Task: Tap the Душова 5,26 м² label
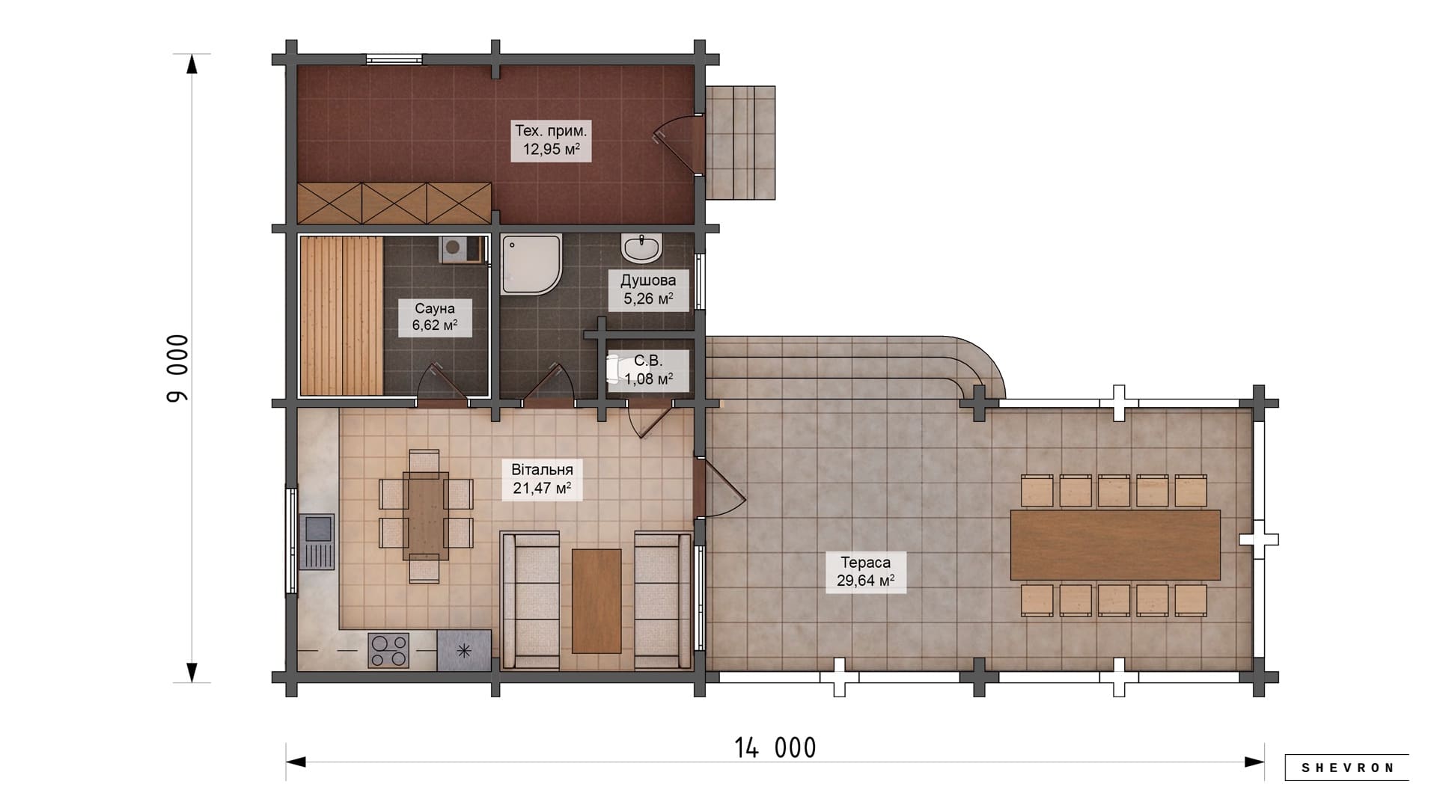pos(648,290)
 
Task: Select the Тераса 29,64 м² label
pos(866,572)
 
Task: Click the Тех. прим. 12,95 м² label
pos(551,140)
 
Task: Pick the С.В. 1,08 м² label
pos(648,370)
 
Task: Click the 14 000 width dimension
pos(775,748)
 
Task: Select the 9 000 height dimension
pos(178,368)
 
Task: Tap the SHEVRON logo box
pos(1347,768)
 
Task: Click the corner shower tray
pos(531,265)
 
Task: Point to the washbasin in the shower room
pos(641,248)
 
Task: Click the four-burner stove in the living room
pos(388,650)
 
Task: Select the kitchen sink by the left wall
pos(317,542)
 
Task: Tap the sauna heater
pos(461,249)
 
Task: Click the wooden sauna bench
pos(342,316)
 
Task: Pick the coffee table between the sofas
pos(597,601)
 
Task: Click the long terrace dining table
pos(1115,545)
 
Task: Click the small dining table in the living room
pos(426,515)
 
